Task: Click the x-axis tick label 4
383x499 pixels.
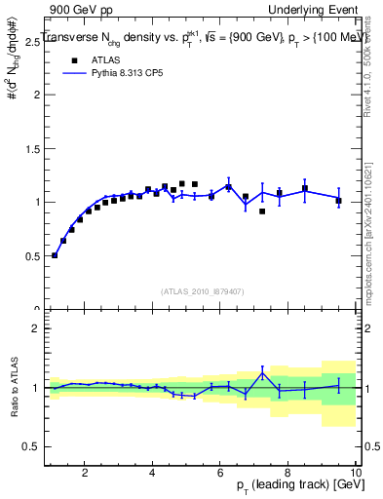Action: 152,473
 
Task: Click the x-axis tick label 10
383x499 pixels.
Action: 354,473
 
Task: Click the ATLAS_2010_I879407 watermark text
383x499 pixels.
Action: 202,290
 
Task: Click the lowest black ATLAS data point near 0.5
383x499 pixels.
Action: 55,255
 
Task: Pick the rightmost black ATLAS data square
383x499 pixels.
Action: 338,201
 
